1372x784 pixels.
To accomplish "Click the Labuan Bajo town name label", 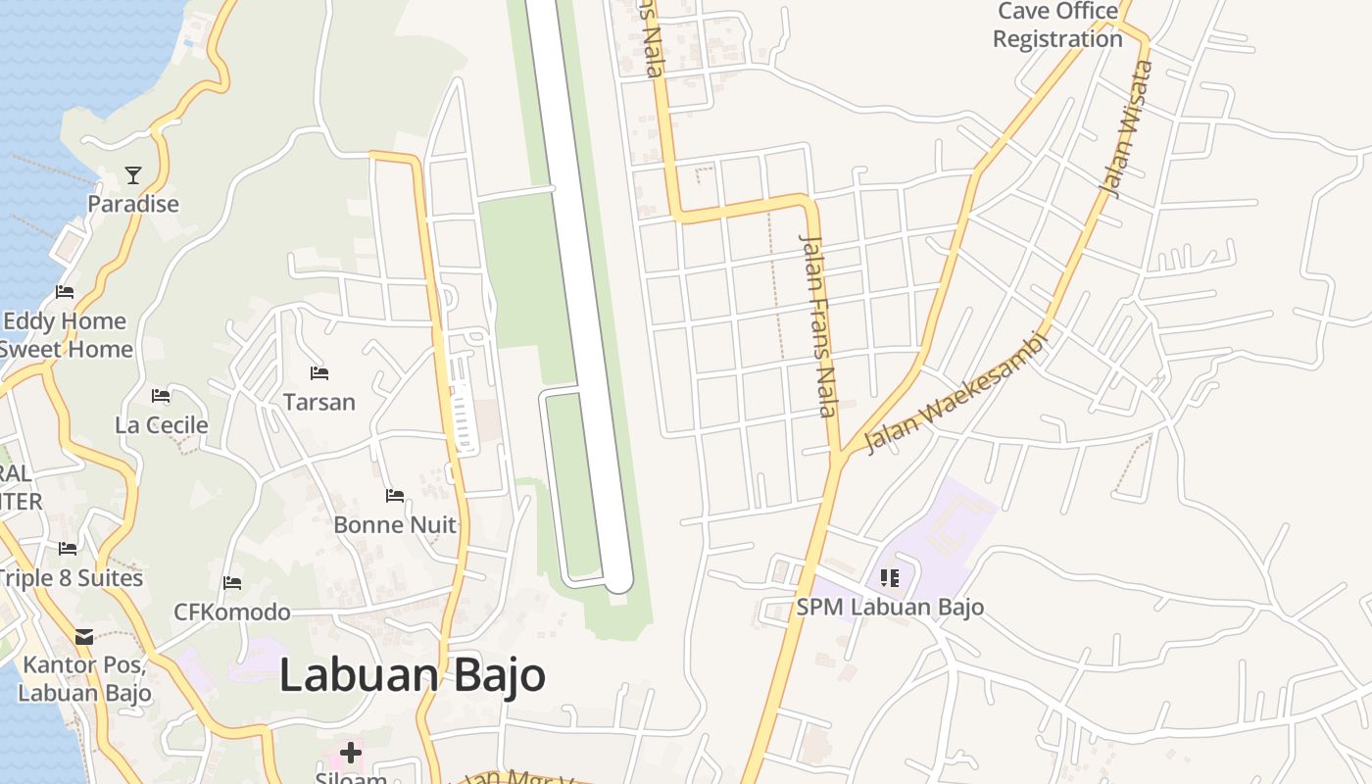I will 412,676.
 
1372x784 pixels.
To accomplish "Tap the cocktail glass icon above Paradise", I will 133,175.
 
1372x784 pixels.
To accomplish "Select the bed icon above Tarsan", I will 318,372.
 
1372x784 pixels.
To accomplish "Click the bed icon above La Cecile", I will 161,396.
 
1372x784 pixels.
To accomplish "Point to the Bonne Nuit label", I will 395,524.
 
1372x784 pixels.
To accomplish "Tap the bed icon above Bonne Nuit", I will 395,496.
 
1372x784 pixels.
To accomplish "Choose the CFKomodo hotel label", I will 232,612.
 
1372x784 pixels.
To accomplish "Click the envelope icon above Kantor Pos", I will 84,637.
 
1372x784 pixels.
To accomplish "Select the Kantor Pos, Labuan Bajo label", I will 84,678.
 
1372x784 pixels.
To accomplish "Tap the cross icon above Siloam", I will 351,753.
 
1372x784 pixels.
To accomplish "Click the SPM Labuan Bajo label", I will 890,607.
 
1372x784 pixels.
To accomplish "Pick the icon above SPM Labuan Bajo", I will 890,578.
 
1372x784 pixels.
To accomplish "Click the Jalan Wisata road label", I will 1127,127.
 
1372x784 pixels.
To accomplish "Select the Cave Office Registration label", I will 1057,25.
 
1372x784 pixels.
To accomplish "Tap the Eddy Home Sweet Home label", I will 65,335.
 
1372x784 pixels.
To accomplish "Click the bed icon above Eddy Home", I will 65,292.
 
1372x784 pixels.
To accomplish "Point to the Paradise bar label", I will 133,204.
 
